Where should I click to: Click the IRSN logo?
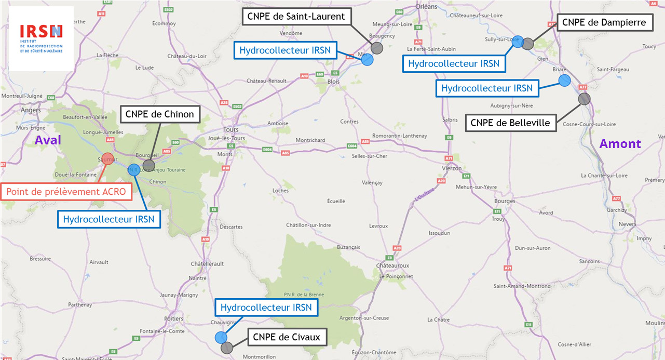click(40, 38)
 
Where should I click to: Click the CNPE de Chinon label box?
click(159, 114)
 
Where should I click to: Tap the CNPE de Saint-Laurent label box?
click(296, 17)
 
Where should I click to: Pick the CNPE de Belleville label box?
click(510, 123)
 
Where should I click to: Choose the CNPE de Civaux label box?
click(287, 337)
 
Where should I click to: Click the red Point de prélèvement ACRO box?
click(66, 192)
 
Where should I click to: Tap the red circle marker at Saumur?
click(107, 159)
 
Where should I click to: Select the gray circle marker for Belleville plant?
click(584, 99)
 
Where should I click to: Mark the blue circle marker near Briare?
click(564, 80)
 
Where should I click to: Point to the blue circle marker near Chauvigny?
click(221, 338)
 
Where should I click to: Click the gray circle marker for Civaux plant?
click(227, 348)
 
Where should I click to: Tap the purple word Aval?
click(48, 140)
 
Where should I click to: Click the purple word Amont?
click(620, 144)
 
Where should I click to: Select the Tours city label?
click(230, 129)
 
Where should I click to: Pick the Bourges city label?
click(505, 201)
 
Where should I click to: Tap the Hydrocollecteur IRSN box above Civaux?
click(266, 308)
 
